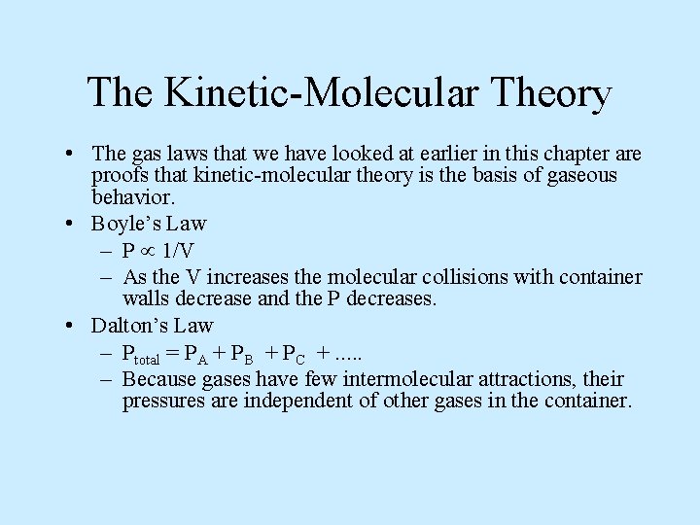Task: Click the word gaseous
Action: pos(581,175)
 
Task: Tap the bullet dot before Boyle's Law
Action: pos(74,223)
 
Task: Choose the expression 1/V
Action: pos(183,250)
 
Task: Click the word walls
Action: pos(146,298)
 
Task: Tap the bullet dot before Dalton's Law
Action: pos(74,325)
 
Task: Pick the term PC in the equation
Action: pos(295,354)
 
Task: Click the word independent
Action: pos(288,401)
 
